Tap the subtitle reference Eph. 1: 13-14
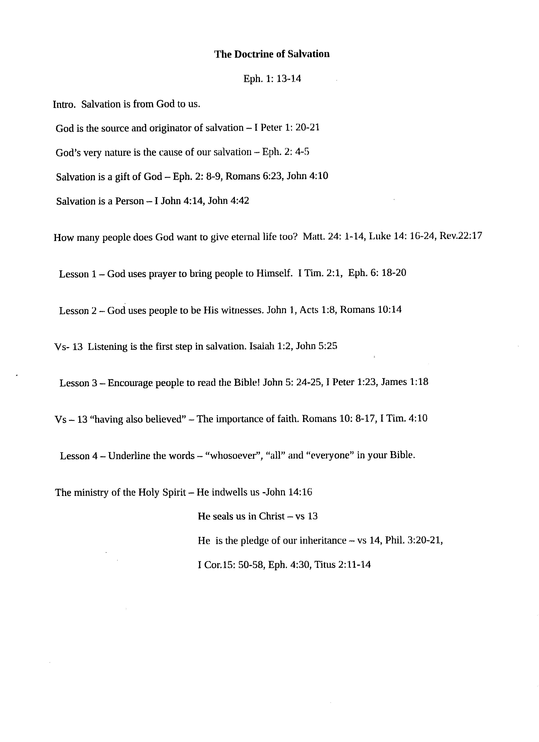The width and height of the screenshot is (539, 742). click(272, 79)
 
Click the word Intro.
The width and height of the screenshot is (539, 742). click(64, 104)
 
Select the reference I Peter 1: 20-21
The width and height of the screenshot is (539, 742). click(287, 128)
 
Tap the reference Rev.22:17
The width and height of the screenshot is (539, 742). click(461, 236)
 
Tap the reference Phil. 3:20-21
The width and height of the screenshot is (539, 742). click(414, 541)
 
